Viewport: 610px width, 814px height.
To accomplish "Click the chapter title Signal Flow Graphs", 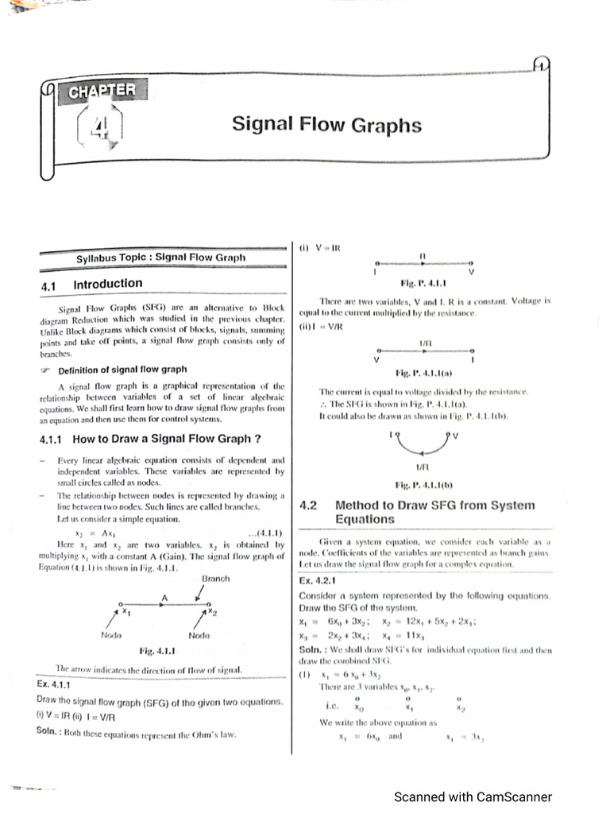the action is tap(326, 125).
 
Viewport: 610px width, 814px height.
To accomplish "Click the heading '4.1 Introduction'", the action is tap(91, 284).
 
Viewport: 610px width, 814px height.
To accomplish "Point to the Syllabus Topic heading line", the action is tap(160, 258).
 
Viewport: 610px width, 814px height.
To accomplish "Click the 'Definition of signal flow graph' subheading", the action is tap(122, 369).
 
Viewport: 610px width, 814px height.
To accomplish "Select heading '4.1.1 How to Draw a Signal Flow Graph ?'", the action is tap(150, 438).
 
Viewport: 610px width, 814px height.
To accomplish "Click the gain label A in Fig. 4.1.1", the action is tap(164, 596).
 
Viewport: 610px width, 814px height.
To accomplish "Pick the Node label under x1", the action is tap(112, 635).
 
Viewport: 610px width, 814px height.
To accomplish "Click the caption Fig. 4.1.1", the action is tap(157, 651).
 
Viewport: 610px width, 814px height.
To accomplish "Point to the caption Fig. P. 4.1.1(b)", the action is tap(423, 484).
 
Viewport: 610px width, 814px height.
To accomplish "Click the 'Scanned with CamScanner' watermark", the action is tap(473, 797).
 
